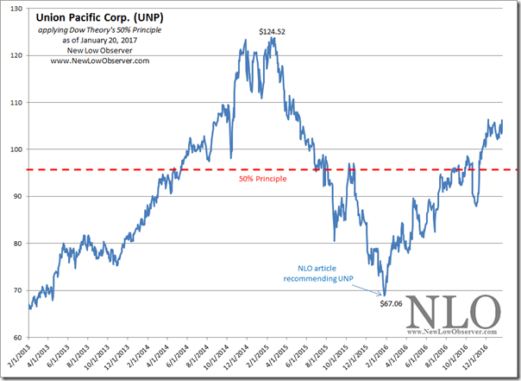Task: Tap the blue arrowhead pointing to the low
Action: (383, 294)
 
